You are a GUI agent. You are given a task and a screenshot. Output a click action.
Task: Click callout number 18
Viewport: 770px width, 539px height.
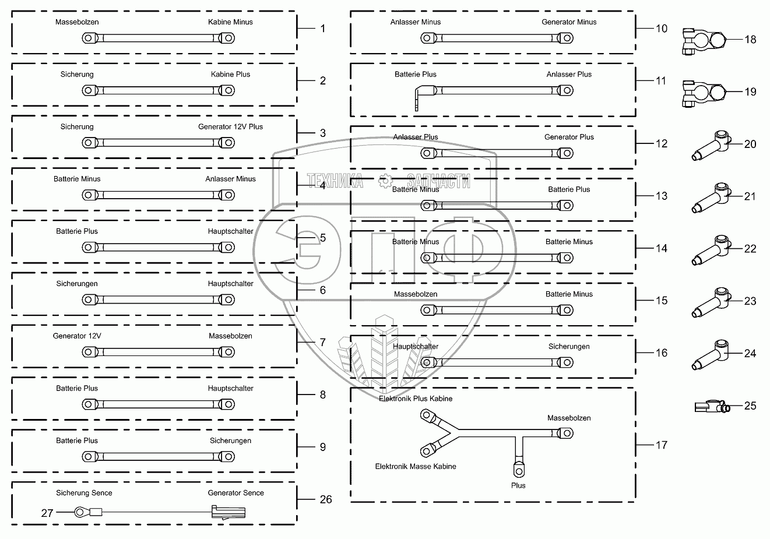[x=750, y=40]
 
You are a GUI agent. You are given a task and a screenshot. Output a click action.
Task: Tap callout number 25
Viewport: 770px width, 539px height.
[x=750, y=406]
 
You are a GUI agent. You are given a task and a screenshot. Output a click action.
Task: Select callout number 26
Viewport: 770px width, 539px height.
[x=326, y=499]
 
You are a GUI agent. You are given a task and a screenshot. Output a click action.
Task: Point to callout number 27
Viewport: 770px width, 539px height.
[x=47, y=513]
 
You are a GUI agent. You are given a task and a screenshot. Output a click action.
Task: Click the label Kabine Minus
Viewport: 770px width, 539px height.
[x=230, y=22]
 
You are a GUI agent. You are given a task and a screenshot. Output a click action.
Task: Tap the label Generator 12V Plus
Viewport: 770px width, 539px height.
[x=230, y=127]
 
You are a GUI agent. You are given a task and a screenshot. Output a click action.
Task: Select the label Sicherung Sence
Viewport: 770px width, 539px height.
[x=84, y=493]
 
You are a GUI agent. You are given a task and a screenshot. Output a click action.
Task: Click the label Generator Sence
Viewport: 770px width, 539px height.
[x=235, y=493]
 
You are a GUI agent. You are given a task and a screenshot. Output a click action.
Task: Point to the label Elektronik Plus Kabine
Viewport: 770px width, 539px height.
[x=416, y=399]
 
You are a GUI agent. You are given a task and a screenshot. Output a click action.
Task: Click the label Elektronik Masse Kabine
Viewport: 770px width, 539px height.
[x=416, y=466]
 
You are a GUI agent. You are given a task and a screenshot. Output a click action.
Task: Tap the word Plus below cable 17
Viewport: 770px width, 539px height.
[x=518, y=485]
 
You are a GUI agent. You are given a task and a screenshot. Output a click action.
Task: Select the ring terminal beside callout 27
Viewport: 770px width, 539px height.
[x=80, y=513]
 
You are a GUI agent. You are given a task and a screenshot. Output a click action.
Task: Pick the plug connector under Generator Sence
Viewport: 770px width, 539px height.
[x=228, y=513]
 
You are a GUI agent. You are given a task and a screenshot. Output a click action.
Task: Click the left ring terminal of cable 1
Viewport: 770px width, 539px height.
[x=89, y=38]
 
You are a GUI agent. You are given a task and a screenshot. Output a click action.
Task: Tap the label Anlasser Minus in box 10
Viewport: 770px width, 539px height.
[x=416, y=22]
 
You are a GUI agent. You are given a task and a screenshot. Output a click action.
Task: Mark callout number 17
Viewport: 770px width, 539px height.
[x=661, y=445]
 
